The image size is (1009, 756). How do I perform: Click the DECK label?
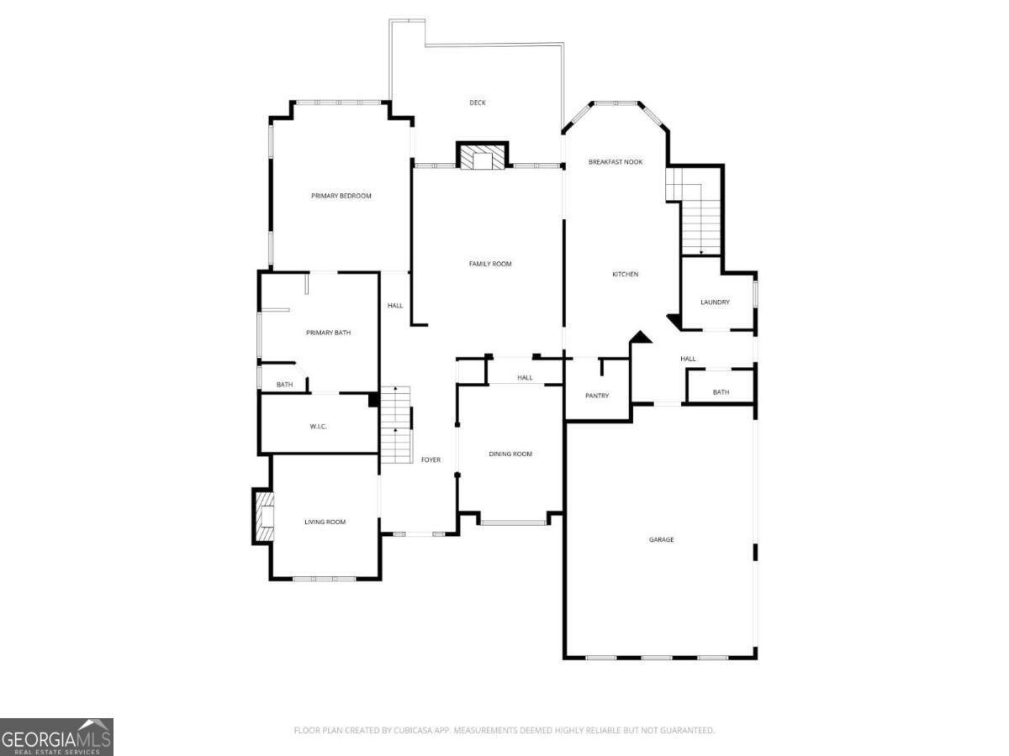[478, 102]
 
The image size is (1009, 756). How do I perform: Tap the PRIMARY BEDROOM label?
[341, 196]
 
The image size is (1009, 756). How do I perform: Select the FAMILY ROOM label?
[490, 264]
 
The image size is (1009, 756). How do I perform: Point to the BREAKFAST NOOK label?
[615, 161]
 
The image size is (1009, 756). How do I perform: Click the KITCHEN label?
[625, 274]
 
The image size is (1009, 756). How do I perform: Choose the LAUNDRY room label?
[715, 302]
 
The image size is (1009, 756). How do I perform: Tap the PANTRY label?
[597, 396]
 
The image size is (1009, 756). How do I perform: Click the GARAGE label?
[661, 539]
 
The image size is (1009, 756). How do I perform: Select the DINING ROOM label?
[510, 454]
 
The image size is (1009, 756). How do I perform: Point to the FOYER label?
[431, 459]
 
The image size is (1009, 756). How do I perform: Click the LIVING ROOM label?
[325, 522]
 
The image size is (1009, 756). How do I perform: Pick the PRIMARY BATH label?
[328, 333]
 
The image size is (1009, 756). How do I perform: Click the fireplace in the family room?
[483, 157]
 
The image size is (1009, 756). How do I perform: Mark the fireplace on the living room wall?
[264, 515]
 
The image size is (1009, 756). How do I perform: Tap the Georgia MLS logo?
[56, 737]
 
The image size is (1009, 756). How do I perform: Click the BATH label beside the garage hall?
[721, 392]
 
